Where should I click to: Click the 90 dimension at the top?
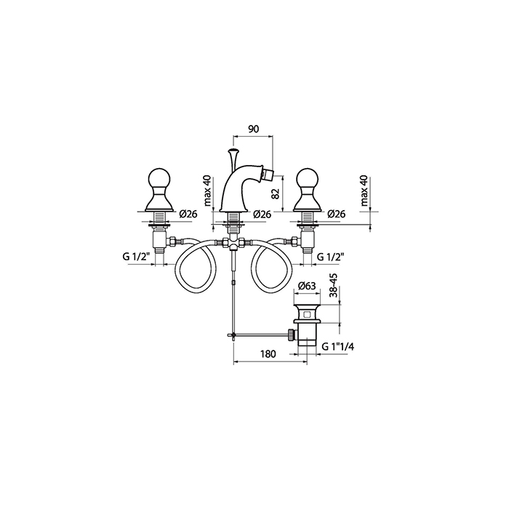254,129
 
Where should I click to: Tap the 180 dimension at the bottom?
268,353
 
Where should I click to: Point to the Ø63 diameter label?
307,286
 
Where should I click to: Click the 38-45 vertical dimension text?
333,286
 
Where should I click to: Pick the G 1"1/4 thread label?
338,347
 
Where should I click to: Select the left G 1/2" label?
136,257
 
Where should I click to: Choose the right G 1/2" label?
330,257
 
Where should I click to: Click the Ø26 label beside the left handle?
188,214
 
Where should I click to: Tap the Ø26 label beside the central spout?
262,214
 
